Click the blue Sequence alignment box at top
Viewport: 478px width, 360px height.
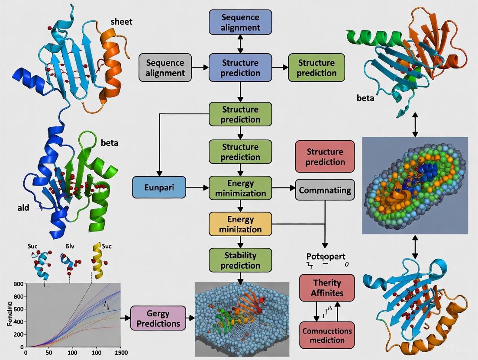pos(240,22)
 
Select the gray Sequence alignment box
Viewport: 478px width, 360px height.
pos(165,68)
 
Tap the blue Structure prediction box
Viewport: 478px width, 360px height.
pos(240,67)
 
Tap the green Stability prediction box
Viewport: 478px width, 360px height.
pos(240,260)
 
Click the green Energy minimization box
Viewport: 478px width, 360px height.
pos(240,188)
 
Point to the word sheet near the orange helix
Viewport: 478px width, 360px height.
pos(121,22)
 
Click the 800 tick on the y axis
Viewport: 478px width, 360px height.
pos(18,284)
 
